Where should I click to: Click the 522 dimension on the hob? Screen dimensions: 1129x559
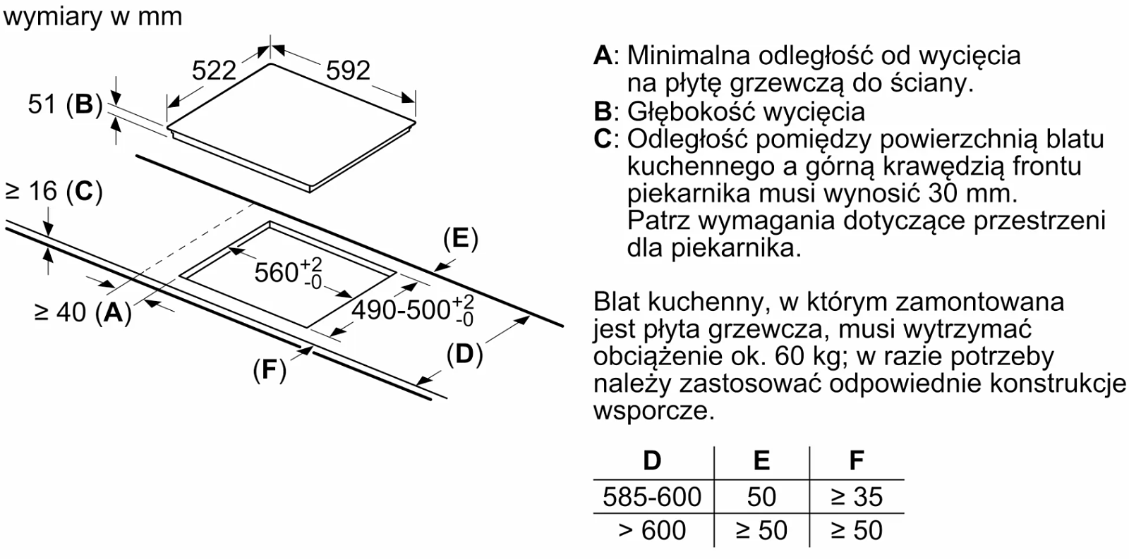coord(214,70)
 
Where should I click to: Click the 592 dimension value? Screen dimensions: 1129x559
coord(348,70)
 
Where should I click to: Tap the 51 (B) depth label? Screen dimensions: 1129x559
coord(65,105)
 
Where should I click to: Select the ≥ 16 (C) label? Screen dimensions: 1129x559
coord(54,192)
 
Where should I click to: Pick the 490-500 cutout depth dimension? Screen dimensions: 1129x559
coord(413,309)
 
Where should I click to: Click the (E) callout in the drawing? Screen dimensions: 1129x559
coord(460,239)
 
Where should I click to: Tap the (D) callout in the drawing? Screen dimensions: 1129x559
coord(465,354)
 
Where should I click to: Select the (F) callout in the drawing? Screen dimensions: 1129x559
coord(270,370)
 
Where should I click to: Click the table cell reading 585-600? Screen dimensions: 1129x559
coord(652,497)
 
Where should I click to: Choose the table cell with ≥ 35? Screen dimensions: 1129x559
coord(857,497)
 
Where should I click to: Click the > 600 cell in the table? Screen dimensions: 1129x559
coord(652,530)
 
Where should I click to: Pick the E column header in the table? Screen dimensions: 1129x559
coord(761,460)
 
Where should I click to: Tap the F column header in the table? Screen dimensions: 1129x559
coord(857,460)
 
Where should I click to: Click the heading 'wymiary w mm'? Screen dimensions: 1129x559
coord(92,17)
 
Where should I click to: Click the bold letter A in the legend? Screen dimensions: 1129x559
coord(603,56)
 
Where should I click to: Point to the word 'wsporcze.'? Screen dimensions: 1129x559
coord(654,412)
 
